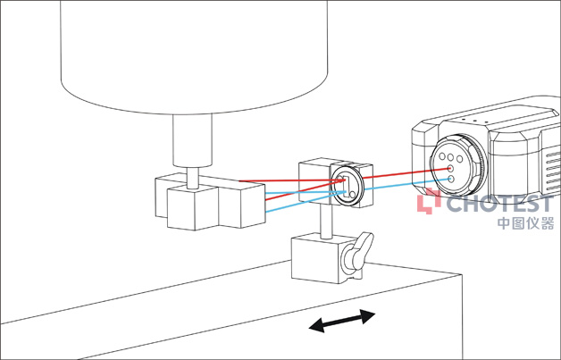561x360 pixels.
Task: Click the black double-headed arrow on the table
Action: coord(341,321)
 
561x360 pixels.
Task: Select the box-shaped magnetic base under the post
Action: coord(327,257)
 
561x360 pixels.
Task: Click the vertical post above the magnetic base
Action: coord(326,222)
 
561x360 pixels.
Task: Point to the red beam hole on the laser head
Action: coord(451,168)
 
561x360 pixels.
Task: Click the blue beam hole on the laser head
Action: coord(451,178)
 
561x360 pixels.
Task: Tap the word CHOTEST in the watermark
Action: coord(499,204)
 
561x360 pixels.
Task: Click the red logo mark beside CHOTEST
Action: coord(429,202)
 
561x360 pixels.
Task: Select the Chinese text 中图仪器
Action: coord(525,223)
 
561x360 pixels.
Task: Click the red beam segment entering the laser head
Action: coord(406,172)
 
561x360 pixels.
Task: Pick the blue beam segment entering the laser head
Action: coord(407,183)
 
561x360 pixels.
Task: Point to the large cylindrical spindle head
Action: coord(194,57)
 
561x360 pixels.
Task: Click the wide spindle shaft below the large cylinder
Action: coord(192,140)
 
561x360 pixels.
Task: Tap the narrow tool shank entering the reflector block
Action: coord(193,178)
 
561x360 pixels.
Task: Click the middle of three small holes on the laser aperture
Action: coord(450,157)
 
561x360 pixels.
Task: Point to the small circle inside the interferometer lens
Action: coord(353,195)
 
